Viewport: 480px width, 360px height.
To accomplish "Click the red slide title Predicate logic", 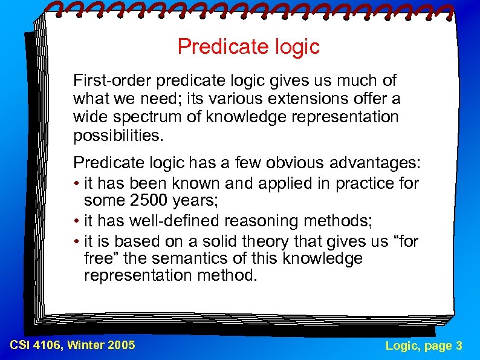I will (x=248, y=47).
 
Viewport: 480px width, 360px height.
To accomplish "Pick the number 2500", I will (x=149, y=200).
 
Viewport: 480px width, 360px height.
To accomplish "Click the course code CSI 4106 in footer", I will (x=36, y=345).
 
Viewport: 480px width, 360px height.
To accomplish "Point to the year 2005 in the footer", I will (x=121, y=345).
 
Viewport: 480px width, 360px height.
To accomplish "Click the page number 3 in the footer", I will (x=459, y=345).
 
